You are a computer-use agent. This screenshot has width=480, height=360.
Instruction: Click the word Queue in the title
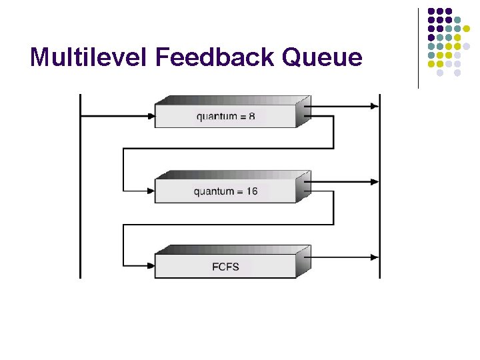[x=323, y=57]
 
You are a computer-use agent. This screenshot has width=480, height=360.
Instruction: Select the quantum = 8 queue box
[x=226, y=116]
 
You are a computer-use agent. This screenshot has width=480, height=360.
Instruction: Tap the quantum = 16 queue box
[x=226, y=191]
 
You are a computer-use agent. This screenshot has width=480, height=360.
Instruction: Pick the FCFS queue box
[x=226, y=266]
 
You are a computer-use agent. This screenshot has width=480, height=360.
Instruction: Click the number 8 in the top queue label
[x=251, y=117]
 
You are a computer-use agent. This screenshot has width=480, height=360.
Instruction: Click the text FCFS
[x=226, y=267]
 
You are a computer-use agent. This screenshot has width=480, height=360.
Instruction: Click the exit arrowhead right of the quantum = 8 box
[x=374, y=106]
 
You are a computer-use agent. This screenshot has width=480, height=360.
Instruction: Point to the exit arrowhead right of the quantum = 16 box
[x=374, y=181]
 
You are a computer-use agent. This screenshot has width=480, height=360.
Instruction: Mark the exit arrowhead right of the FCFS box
[x=374, y=256]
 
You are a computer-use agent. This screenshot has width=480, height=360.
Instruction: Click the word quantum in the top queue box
[x=217, y=117]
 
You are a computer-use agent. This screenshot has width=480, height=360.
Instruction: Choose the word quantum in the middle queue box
[x=215, y=192]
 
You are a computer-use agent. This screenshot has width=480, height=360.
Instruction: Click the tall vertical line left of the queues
[x=80, y=187]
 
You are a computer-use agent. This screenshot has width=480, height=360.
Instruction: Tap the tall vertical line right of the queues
[x=379, y=187]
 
